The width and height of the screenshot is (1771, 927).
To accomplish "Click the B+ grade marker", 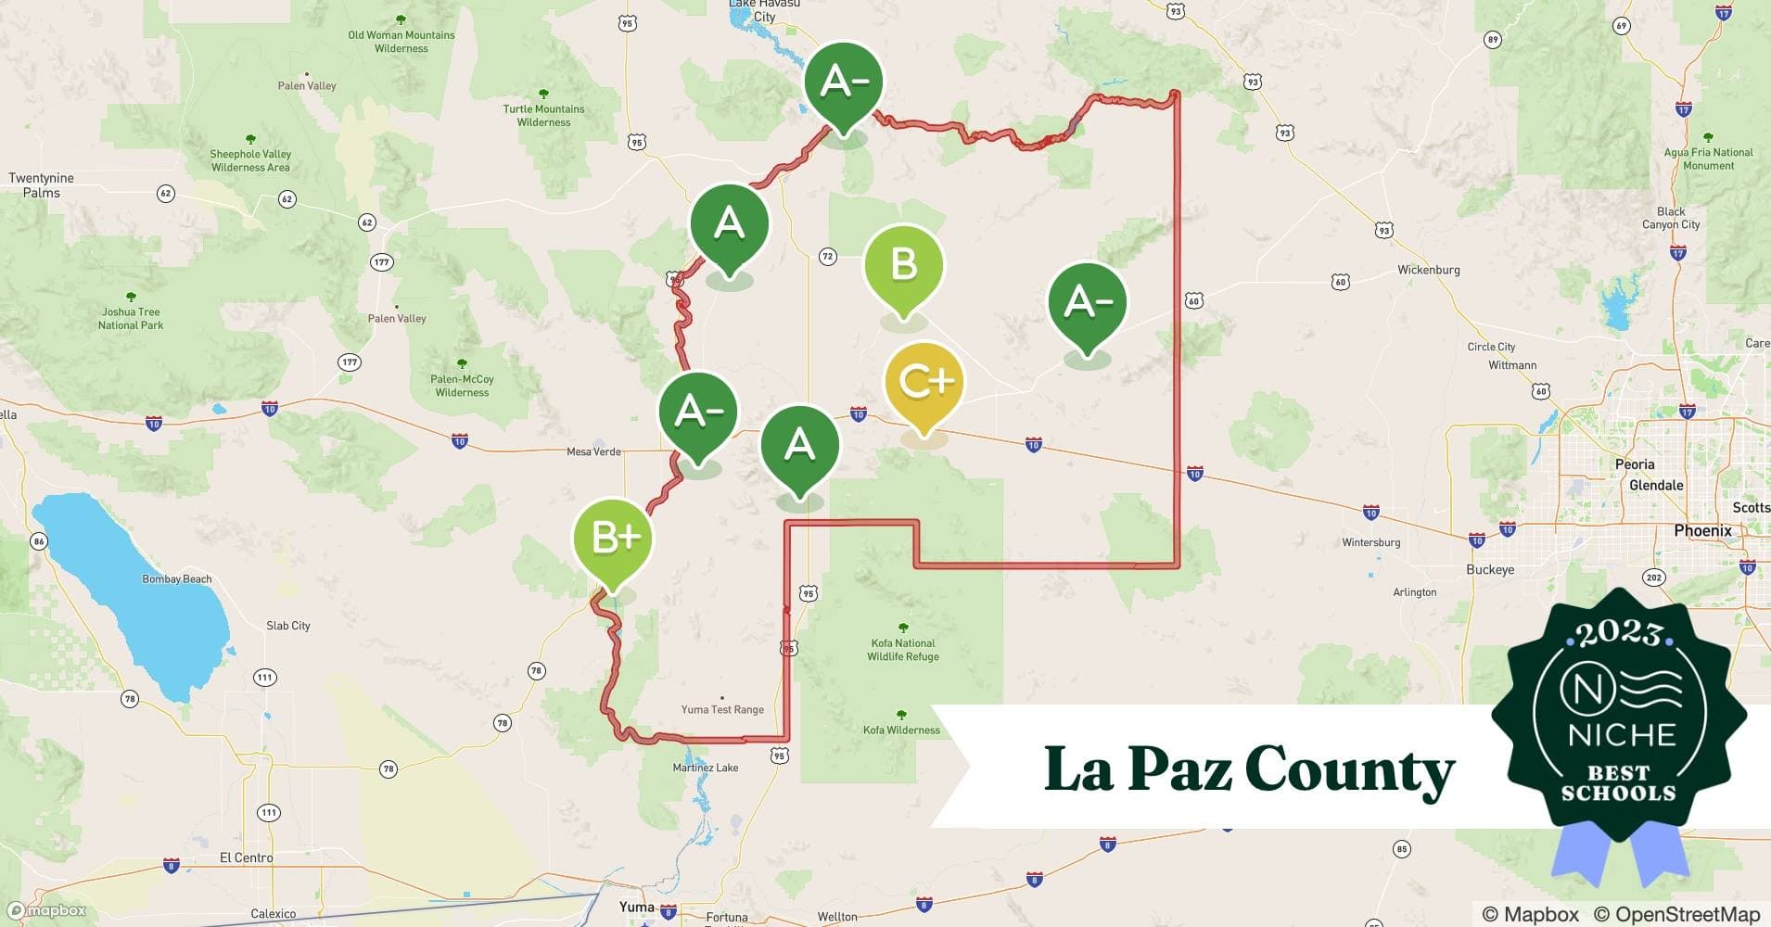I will (613, 539).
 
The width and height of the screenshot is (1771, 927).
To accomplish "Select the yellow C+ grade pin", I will (924, 382).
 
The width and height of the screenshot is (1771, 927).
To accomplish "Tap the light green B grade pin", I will (903, 265).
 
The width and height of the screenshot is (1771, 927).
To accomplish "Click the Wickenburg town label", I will (1428, 270).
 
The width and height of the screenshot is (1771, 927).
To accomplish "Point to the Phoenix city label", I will (1702, 531).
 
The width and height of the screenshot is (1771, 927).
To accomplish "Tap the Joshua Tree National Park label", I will (131, 318).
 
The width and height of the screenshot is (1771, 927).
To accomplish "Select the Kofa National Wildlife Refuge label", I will (903, 650).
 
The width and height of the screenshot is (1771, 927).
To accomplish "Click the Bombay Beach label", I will (177, 579).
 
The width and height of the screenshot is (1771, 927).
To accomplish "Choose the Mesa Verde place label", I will (593, 451).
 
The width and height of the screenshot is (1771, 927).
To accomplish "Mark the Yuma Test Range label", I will (722, 709).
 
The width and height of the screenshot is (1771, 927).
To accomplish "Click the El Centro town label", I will (247, 857).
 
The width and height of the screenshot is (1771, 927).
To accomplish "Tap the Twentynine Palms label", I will (41, 185).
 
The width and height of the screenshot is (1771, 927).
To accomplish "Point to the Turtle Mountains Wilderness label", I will (543, 115).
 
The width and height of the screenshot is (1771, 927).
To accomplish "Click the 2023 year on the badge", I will (1619, 633).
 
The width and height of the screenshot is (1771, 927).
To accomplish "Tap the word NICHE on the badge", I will (1622, 735).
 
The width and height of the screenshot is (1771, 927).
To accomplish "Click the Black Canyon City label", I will (1671, 218).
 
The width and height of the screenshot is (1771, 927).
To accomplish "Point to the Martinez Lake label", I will (706, 768).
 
